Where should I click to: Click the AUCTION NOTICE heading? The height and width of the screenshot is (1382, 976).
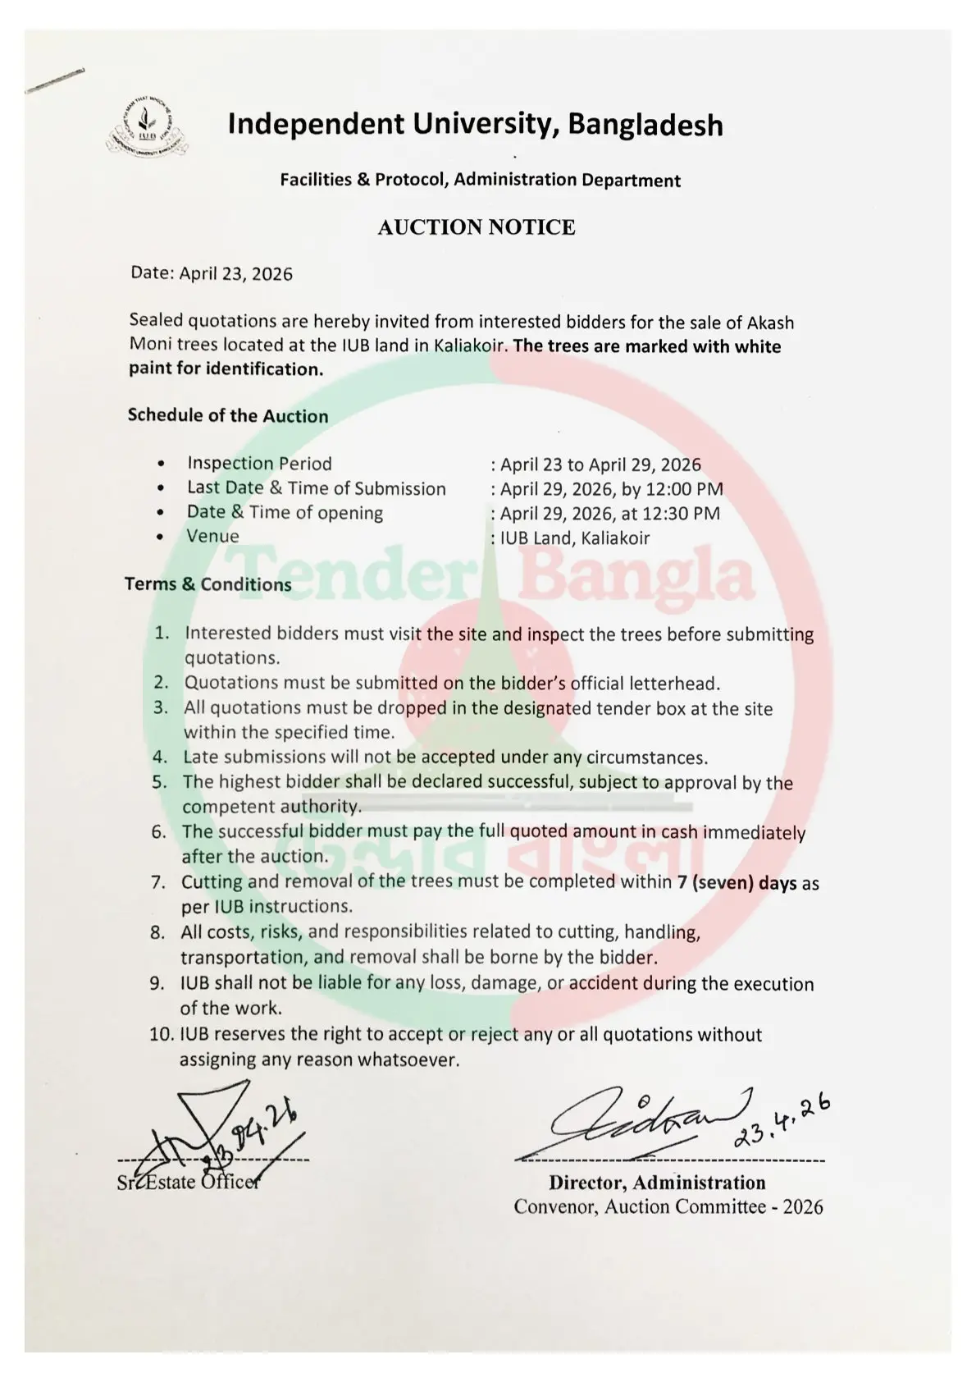pos(476,227)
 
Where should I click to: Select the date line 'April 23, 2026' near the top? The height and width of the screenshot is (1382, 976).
pos(212,274)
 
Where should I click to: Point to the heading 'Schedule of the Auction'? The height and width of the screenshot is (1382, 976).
pos(228,416)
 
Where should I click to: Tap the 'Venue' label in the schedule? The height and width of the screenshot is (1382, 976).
pos(213,537)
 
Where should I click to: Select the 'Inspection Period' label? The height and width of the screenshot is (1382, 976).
pos(259,464)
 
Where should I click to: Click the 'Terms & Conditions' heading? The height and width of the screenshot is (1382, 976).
pos(208,584)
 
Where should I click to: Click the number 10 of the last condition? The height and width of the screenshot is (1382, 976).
pos(160,1035)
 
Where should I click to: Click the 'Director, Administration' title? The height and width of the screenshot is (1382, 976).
pos(657,1183)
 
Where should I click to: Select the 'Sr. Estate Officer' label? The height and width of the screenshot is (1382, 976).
pos(188,1183)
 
